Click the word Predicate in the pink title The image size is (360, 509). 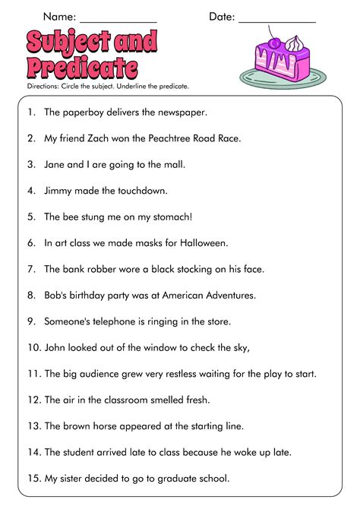point(82,68)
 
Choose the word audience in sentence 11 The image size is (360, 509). point(110,374)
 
